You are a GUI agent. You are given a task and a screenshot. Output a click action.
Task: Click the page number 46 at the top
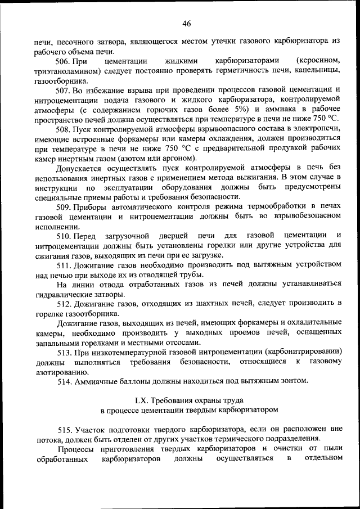tap(186, 23)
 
